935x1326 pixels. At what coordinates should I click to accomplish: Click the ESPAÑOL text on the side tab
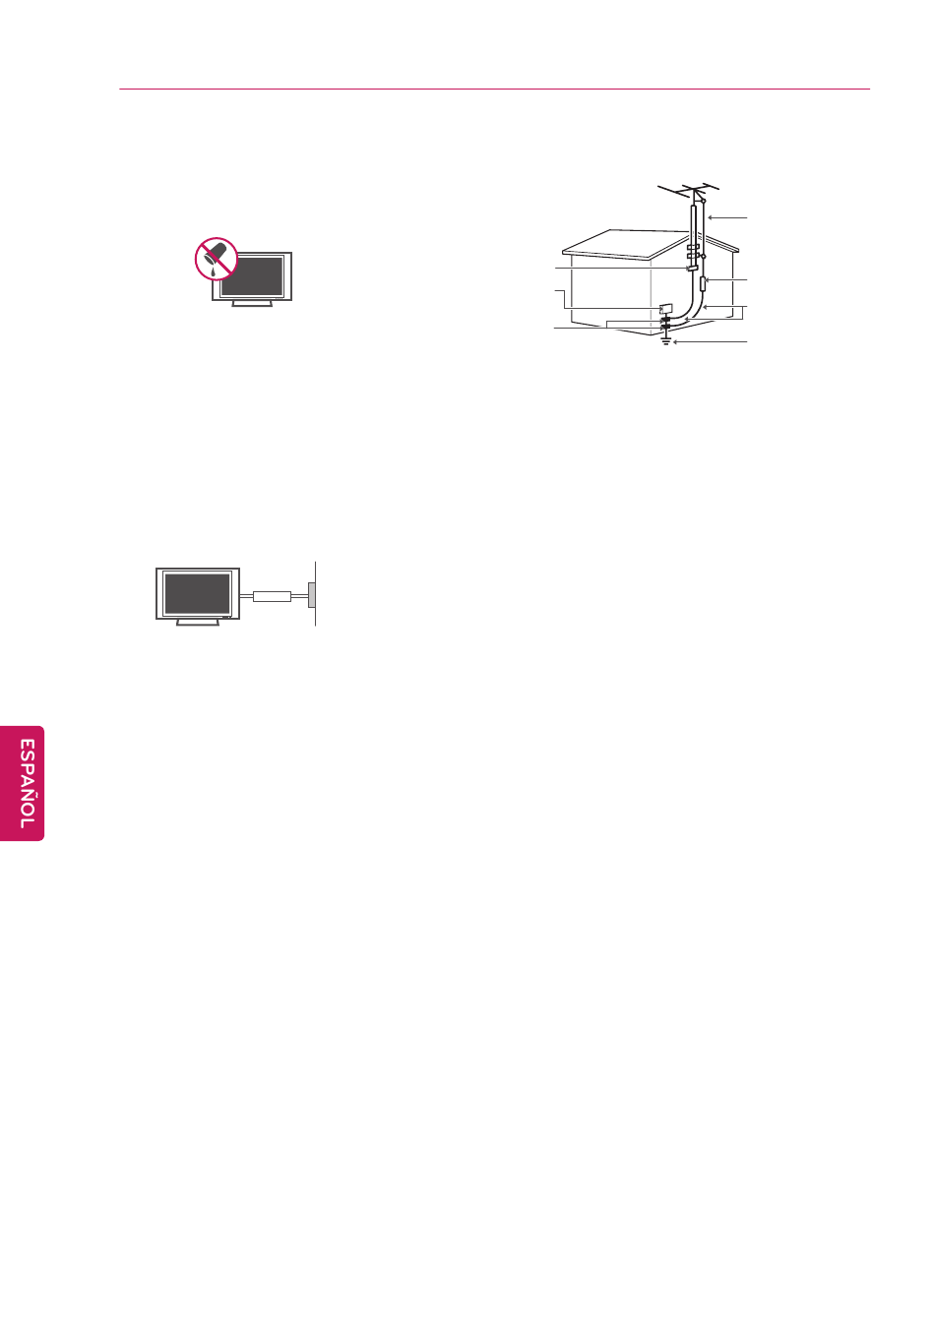(27, 783)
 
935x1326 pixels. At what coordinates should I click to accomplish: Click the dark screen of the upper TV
(252, 275)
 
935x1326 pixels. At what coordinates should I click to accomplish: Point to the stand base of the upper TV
(252, 304)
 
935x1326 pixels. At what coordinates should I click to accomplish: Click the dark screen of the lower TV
(197, 593)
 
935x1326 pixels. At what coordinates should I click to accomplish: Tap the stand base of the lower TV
(198, 622)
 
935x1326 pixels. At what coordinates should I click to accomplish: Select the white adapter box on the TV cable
(272, 596)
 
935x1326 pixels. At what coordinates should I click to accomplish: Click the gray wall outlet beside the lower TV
(311, 595)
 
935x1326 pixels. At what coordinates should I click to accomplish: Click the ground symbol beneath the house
(666, 340)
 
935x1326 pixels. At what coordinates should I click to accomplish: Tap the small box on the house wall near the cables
(665, 309)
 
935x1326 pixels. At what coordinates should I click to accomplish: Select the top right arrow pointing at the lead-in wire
(727, 217)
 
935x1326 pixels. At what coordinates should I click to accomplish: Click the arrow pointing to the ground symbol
(711, 342)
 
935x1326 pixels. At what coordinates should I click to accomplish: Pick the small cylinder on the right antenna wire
(703, 283)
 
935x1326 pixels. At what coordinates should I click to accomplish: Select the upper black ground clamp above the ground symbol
(665, 320)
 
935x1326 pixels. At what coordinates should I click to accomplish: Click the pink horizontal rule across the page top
(494, 89)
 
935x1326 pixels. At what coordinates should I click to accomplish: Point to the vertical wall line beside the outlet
(316, 594)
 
